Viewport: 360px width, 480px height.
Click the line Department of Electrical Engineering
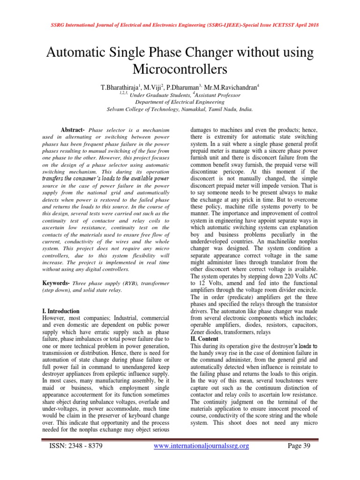point(180,102)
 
